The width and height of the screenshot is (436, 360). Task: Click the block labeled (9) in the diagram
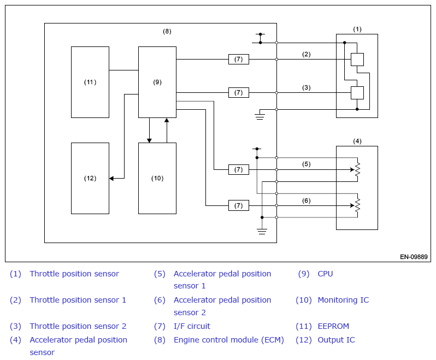157,82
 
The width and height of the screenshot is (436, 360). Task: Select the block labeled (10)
157,178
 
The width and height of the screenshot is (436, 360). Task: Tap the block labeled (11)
90,82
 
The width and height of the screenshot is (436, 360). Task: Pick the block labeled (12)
90,178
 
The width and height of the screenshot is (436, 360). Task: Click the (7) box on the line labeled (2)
239,59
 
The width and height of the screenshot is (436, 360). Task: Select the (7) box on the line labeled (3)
239,92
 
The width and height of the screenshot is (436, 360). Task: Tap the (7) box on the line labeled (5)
239,169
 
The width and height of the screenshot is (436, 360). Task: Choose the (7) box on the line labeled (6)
239,206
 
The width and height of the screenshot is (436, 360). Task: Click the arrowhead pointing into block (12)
111,178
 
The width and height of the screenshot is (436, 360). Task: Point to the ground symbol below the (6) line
262,231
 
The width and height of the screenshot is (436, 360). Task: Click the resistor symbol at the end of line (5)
357,169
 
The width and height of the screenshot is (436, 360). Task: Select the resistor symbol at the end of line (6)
357,205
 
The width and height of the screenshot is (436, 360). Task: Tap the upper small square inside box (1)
357,60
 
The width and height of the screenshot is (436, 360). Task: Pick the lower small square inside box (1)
357,93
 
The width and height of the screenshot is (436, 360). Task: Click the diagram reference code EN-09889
414,257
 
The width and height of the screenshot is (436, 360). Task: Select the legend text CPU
325,274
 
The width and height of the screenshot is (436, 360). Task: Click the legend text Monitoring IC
344,300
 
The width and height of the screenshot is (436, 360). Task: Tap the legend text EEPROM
333,326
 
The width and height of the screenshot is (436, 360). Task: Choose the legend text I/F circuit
192,326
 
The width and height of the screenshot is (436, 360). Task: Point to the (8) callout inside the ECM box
167,32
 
